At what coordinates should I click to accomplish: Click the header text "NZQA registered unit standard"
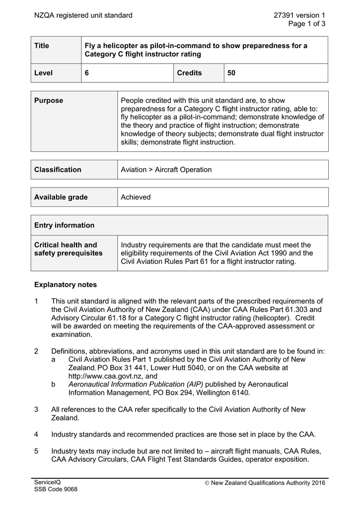pos(83,15)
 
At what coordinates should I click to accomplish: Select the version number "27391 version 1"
pos(299,15)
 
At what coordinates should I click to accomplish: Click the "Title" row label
pos(42,46)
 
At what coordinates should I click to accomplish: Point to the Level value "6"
pos(87,73)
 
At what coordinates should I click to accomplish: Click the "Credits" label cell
pos(190,73)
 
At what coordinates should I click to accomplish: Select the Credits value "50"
pos(231,73)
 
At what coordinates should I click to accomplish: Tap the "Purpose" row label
pos(49,101)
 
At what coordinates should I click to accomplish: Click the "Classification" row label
pos(58,170)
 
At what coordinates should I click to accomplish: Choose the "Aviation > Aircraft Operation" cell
pos(166,170)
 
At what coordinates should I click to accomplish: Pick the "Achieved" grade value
pos(136,197)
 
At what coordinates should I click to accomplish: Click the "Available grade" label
pos(61,197)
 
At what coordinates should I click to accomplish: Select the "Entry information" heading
pos(64,225)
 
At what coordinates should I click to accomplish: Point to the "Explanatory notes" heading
pos(66,285)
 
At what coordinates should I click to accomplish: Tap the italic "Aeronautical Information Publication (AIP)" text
pos(136,384)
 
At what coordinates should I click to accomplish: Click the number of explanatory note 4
pos(36,435)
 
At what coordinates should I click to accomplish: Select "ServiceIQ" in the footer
pos(47,482)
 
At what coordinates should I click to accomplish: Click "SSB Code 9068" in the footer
pos(56,490)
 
